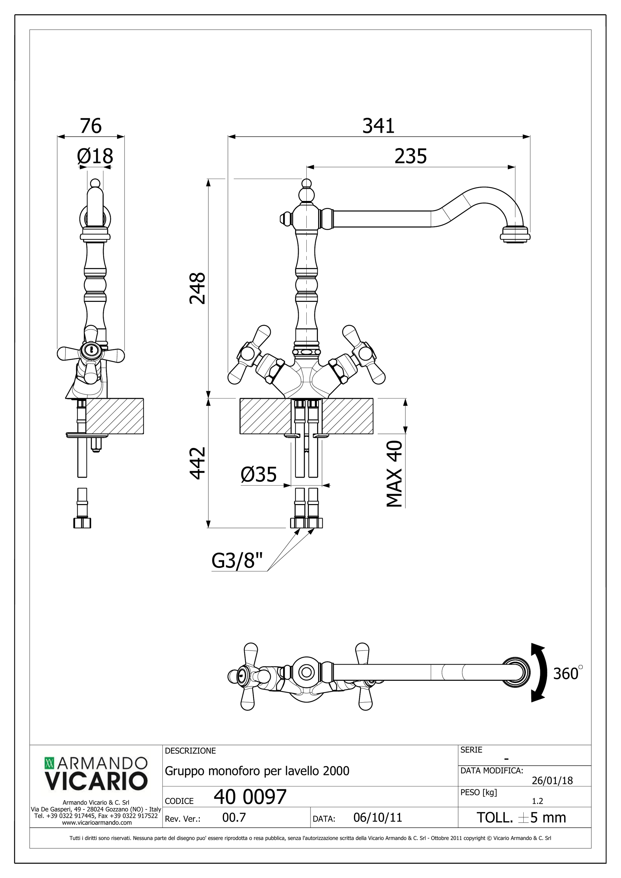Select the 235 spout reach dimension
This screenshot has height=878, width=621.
tap(411, 156)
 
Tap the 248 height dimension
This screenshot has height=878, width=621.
tap(198, 288)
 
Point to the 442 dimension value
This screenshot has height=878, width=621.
tap(198, 463)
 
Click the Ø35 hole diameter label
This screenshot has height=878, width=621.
tap(258, 474)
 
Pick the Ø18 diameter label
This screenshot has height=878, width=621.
tap(95, 156)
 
